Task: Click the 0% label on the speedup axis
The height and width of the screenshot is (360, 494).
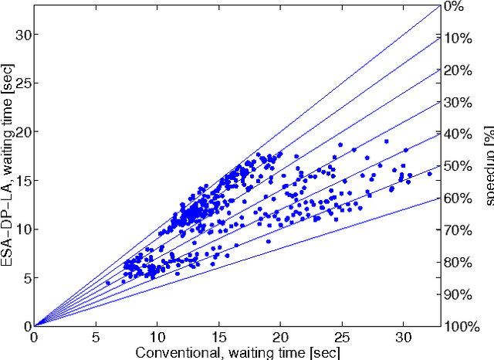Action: point(455,7)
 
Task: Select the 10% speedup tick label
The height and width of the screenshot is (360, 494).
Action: point(458,39)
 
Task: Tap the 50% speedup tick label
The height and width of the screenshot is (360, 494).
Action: point(458,166)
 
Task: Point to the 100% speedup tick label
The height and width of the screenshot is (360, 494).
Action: point(462,326)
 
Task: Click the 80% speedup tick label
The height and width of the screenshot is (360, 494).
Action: point(458,262)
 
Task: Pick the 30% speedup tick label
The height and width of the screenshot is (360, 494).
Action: point(458,103)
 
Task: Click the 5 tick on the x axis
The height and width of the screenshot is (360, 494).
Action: point(96,338)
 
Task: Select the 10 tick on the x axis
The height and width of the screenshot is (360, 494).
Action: point(157,338)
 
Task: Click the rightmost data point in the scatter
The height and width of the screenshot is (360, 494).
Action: point(429,173)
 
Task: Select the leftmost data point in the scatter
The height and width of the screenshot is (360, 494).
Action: point(108,283)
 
